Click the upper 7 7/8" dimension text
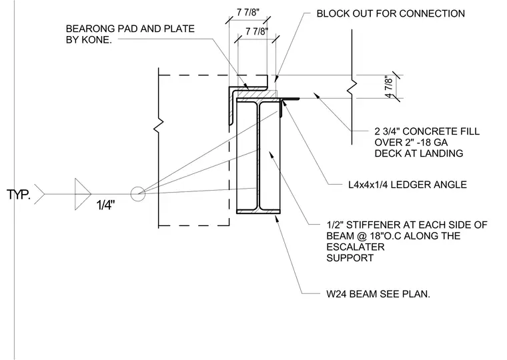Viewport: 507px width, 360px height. tap(248, 12)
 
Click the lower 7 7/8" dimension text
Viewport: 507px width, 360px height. tap(257, 31)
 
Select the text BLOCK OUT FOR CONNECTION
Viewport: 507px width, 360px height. tap(391, 13)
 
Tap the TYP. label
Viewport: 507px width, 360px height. tap(19, 195)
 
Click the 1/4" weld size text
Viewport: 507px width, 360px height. tap(105, 205)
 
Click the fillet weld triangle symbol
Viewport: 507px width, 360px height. tap(83, 194)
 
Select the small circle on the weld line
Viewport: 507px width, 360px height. tap(137, 194)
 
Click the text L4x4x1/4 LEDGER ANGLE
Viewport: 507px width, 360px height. tap(408, 185)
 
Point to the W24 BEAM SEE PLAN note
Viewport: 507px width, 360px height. tap(378, 294)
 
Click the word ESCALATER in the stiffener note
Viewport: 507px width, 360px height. tap(356, 247)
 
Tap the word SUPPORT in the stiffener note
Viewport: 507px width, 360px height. tap(350, 258)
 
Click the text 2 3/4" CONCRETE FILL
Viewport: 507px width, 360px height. tap(427, 131)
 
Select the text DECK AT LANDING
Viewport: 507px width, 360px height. tap(419, 153)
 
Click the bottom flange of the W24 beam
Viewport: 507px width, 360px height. tap(258, 212)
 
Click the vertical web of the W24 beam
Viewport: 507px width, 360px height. tap(258, 156)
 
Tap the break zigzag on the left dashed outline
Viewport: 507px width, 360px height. tap(158, 123)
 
